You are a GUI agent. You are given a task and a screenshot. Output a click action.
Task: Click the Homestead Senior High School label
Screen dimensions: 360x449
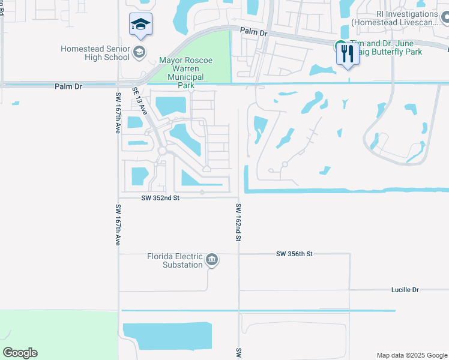pyautogui.click(x=95, y=53)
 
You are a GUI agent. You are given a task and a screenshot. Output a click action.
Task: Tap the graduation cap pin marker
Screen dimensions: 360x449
pyautogui.click(x=140, y=25)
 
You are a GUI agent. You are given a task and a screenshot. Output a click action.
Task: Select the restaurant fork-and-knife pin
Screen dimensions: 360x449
pyautogui.click(x=348, y=55)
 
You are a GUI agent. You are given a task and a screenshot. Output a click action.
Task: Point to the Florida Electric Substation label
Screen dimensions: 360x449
pyautogui.click(x=175, y=260)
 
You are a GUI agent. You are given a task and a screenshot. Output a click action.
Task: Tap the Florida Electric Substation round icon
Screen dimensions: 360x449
pyautogui.click(x=211, y=260)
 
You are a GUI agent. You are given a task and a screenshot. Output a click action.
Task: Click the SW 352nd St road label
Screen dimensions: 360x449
pyautogui.click(x=160, y=197)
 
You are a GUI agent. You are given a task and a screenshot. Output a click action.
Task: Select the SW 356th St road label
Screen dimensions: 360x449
pyautogui.click(x=295, y=254)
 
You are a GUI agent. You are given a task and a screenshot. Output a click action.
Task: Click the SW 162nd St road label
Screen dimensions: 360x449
pyautogui.click(x=238, y=222)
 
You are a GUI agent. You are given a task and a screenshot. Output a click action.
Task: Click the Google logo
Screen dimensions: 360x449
pyautogui.click(x=20, y=353)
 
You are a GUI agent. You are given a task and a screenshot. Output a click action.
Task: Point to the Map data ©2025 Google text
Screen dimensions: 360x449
pyautogui.click(x=412, y=355)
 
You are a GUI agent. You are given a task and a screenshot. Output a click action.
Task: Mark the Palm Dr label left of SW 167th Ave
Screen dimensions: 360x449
pyautogui.click(x=68, y=87)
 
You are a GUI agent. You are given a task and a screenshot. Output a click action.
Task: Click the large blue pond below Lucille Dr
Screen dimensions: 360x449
pyautogui.click(x=167, y=336)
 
